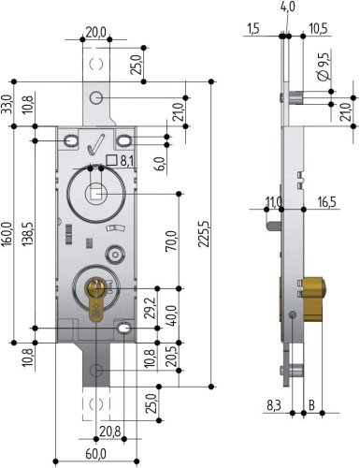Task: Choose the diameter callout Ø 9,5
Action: (x=324, y=66)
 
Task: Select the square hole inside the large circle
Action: (x=94, y=194)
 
